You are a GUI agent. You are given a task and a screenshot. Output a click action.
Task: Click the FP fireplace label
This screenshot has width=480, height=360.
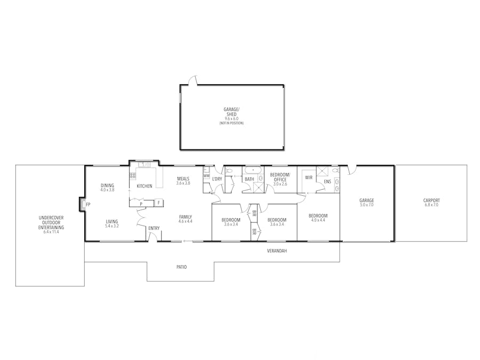[x=88, y=204]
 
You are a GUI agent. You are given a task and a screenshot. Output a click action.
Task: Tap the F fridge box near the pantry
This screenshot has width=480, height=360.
[x=158, y=203]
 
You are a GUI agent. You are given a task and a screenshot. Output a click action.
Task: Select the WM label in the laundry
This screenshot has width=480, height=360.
[x=206, y=175]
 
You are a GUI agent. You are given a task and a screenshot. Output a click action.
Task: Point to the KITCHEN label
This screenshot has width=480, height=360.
[x=145, y=186]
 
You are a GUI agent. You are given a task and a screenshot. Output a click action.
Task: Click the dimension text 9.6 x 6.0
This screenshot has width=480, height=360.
[x=231, y=118]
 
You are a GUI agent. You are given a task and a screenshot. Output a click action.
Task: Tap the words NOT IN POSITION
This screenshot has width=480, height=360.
[x=231, y=123]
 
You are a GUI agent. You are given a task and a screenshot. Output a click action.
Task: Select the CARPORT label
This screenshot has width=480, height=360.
[x=431, y=201]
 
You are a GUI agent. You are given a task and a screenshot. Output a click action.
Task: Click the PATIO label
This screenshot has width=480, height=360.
[x=181, y=267]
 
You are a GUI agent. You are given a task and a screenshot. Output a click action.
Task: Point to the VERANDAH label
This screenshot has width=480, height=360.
[x=277, y=251]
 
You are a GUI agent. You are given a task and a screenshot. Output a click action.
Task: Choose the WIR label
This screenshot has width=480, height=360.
[x=309, y=178]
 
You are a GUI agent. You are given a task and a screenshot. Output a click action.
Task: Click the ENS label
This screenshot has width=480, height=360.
[x=327, y=181]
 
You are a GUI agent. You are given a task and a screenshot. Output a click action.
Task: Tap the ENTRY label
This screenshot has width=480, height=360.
[x=154, y=228]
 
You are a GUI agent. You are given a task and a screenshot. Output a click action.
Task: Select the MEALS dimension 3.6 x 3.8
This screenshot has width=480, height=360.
[x=183, y=183]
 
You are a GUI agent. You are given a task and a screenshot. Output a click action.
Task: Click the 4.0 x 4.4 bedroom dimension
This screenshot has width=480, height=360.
[x=318, y=220]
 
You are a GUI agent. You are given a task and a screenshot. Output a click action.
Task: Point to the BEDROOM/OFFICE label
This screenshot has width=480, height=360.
[x=280, y=177]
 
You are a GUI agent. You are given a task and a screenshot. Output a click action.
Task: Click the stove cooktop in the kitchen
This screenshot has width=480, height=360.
[x=133, y=176]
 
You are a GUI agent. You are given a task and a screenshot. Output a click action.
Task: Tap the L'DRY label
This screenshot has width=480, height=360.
[x=217, y=179]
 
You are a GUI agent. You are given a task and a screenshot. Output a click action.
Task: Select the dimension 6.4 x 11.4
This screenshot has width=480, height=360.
[x=51, y=232]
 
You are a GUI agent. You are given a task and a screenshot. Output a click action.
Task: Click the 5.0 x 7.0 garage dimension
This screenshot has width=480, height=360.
[x=366, y=205]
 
